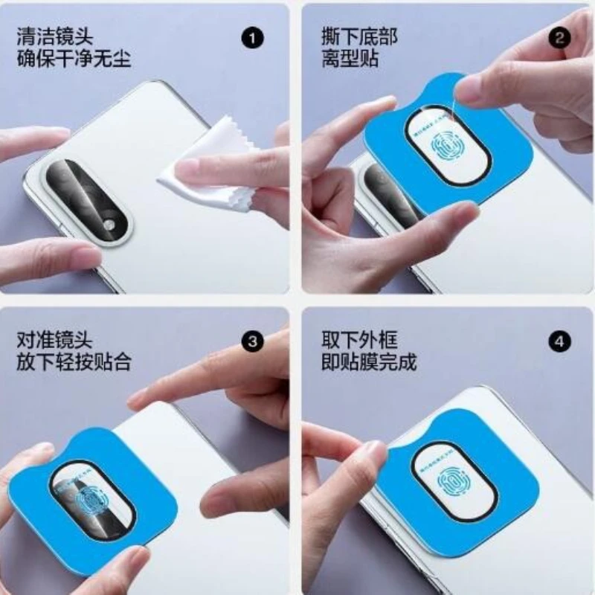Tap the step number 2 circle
click(x=559, y=36)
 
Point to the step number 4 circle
click(x=559, y=341)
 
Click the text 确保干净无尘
click(x=74, y=59)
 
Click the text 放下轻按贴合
click(x=74, y=364)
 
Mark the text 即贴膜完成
click(x=370, y=364)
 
